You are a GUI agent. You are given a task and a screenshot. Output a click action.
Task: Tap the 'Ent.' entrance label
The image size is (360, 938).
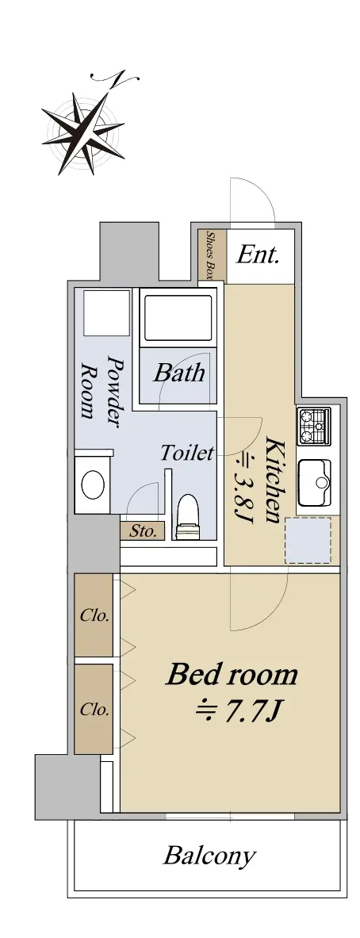tap(258, 255)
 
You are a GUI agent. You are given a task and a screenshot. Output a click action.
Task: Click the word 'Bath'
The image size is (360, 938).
tap(178, 373)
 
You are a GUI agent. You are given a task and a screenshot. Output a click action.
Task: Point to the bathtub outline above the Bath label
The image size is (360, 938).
tap(176, 319)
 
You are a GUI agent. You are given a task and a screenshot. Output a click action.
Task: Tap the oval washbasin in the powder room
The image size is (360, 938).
tap(93, 484)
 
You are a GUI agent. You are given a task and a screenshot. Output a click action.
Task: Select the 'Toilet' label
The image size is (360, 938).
tap(186, 453)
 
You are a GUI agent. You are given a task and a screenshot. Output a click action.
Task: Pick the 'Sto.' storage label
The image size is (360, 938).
tap(142, 530)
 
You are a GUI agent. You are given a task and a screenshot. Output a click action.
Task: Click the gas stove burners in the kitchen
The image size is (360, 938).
tap(315, 426)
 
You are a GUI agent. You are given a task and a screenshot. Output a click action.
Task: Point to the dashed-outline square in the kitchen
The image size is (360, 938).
tap(308, 541)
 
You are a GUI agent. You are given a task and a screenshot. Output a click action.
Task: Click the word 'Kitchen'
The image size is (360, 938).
tap(274, 480)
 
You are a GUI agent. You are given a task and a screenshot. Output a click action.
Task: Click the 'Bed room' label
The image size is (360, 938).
tap(232, 674)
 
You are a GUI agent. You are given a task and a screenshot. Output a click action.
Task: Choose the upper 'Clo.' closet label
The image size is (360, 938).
tap(94, 615)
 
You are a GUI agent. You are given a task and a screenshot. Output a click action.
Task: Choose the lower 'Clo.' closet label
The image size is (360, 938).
tap(94, 710)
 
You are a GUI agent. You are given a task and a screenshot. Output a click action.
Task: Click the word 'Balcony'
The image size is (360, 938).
tap(210, 856)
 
